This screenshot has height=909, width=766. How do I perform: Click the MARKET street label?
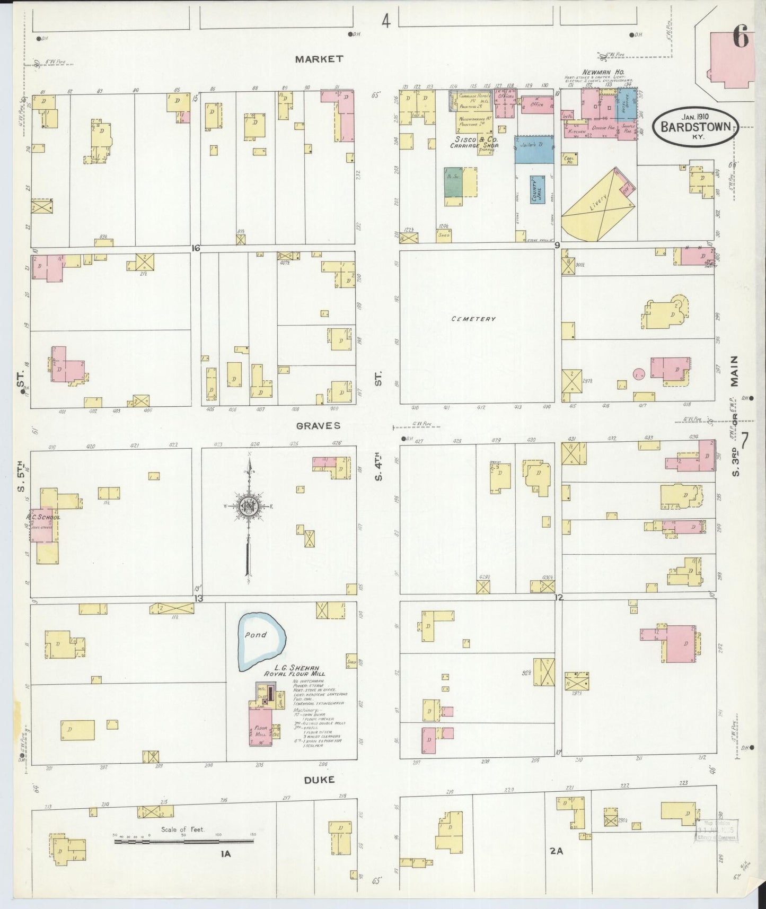[x=319, y=59]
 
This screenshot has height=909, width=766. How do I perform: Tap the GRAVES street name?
[x=318, y=425]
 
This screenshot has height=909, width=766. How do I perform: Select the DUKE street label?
[x=320, y=780]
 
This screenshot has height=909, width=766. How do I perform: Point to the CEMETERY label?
[x=473, y=319]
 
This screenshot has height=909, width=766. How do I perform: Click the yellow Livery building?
[x=596, y=204]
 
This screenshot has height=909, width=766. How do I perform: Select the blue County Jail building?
[x=538, y=189]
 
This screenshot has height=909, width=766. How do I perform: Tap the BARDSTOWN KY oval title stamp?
[x=695, y=127]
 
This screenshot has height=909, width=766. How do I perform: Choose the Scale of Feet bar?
[x=183, y=842]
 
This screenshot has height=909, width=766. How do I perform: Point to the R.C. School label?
[x=43, y=517]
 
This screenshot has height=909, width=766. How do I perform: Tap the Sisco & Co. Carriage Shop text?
[x=474, y=142]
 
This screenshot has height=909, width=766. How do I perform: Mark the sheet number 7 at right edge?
[x=745, y=441]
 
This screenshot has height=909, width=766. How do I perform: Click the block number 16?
[x=196, y=248]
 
